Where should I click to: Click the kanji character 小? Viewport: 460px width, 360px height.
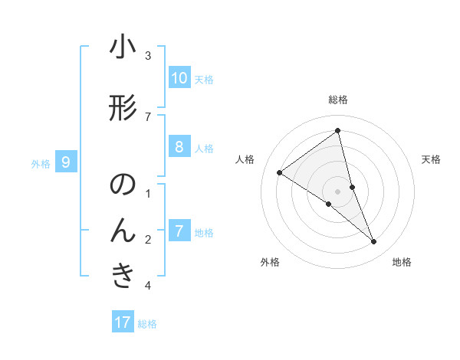pyautogui.click(x=123, y=47)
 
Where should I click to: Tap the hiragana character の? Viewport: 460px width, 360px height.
pyautogui.click(x=123, y=186)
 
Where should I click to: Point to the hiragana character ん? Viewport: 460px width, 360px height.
pyautogui.click(x=123, y=230)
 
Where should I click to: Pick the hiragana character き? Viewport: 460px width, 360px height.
pyautogui.click(x=123, y=276)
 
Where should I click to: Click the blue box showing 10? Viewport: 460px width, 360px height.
pyautogui.click(x=179, y=78)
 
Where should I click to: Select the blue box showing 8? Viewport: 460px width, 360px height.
pyautogui.click(x=179, y=147)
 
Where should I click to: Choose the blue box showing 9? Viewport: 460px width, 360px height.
pyautogui.click(x=67, y=162)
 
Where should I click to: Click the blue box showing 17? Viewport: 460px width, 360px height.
pyautogui.click(x=123, y=322)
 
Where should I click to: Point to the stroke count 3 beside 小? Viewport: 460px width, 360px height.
pyautogui.click(x=148, y=55)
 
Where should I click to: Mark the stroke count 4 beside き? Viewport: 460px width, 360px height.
pyautogui.click(x=148, y=285)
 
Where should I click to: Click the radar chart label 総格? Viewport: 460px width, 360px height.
pyautogui.click(x=338, y=100)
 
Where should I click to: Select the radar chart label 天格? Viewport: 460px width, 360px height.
pyautogui.click(x=431, y=159)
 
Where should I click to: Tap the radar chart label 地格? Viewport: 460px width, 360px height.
pyautogui.click(x=402, y=262)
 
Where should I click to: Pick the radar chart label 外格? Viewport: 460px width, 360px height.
pyautogui.click(x=270, y=262)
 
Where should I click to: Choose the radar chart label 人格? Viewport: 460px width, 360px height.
pyautogui.click(x=245, y=159)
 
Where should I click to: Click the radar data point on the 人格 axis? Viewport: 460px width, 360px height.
pyautogui.click(x=280, y=173)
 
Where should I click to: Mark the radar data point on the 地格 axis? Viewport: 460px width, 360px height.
pyautogui.click(x=373, y=241)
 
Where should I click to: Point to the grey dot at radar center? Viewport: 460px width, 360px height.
pyautogui.click(x=338, y=191)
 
